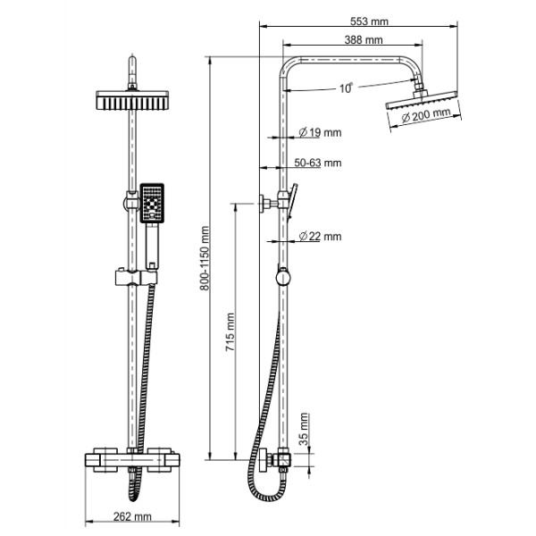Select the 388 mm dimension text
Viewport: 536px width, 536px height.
tap(363, 40)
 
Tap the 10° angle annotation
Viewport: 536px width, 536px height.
tap(347, 88)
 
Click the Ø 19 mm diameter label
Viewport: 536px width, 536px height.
tap(320, 133)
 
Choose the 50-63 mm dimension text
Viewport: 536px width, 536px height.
tap(318, 163)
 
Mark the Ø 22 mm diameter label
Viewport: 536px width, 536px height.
tap(320, 236)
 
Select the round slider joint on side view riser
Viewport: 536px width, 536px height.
tap(282, 275)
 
